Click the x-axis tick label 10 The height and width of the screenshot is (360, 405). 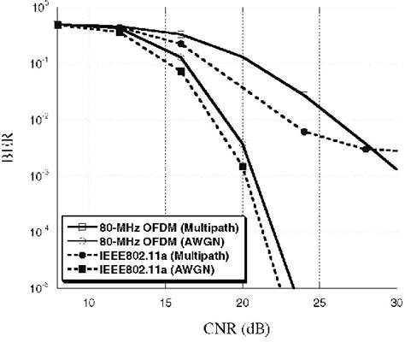(x=88, y=303)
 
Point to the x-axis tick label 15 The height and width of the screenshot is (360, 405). (x=165, y=303)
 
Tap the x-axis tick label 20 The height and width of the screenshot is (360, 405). (x=242, y=303)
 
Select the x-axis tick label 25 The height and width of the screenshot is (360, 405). (x=319, y=303)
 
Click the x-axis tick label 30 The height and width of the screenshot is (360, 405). (x=395, y=303)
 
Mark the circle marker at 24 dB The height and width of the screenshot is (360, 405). (x=304, y=132)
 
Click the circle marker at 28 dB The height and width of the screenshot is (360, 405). (x=366, y=149)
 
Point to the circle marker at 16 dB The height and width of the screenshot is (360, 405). (x=181, y=44)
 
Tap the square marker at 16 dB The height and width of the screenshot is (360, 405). (x=181, y=71)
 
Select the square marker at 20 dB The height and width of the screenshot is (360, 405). (x=243, y=167)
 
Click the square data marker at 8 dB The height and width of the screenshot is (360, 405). (x=58, y=25)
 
